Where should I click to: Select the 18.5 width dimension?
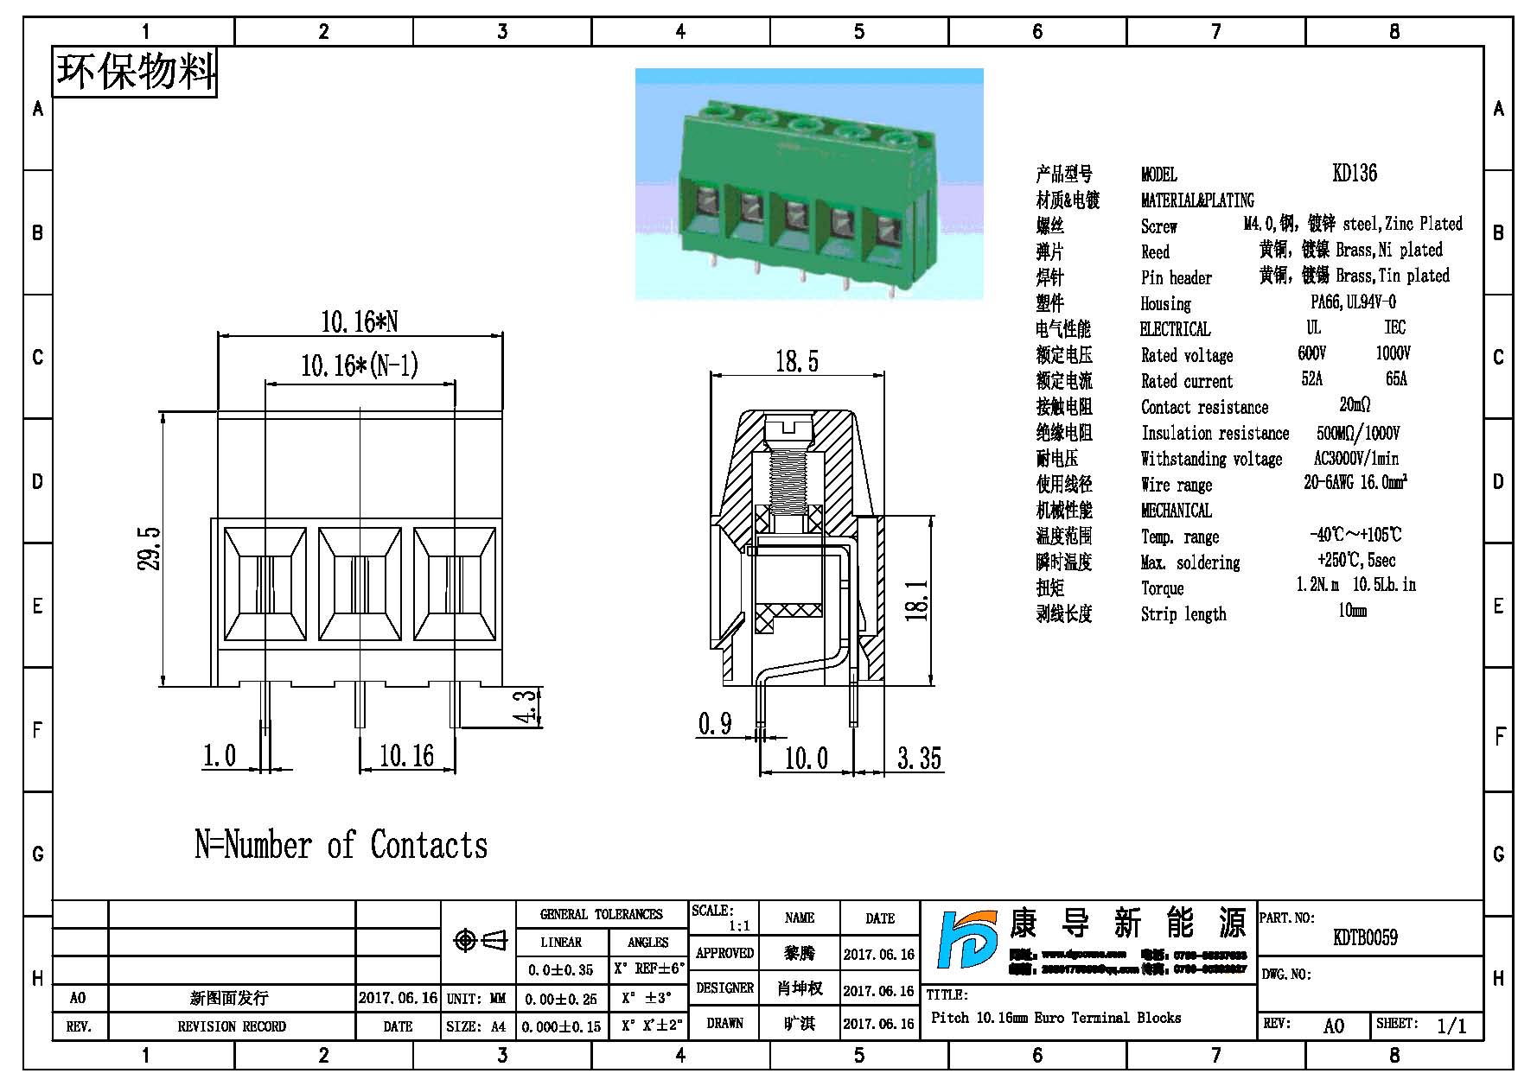tap(796, 361)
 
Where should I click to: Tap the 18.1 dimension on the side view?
tap(918, 600)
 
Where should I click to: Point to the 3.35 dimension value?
tap(919, 759)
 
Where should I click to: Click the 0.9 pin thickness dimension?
tap(715, 723)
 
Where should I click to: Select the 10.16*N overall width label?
tap(360, 322)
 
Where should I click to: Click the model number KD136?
tap(1355, 173)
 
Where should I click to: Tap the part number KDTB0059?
tap(1365, 937)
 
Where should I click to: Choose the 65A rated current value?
tap(1396, 379)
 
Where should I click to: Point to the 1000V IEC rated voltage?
tap(1393, 353)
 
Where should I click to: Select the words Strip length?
tap(1183, 614)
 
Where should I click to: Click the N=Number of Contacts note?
tap(341, 845)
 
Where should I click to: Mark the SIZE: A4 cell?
tap(476, 1026)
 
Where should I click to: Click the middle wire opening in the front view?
tap(360, 584)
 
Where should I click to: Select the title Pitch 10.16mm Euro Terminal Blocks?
tap(1055, 1018)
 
